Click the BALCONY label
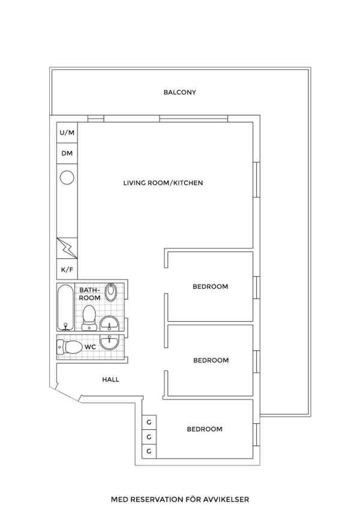pyautogui.click(x=179, y=92)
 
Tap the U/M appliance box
pyautogui.click(x=67, y=132)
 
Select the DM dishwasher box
pyautogui.click(x=67, y=153)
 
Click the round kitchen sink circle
pyautogui.click(x=67, y=178)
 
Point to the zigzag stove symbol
pyautogui.click(x=67, y=248)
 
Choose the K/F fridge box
pyautogui.click(x=67, y=270)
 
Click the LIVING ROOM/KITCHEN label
pyautogui.click(x=163, y=183)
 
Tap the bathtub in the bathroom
pyautogui.click(x=65, y=307)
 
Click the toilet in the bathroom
pyautogui.click(x=89, y=318)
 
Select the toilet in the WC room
pyautogui.click(x=70, y=347)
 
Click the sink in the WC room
pyautogui.click(x=109, y=342)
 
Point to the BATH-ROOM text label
pyautogui.click(x=90, y=294)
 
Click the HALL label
pyautogui.click(x=110, y=379)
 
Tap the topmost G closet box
pyautogui.click(x=149, y=422)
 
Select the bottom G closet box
pyautogui.click(x=149, y=452)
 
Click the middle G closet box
pyautogui.click(x=149, y=437)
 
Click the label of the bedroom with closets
pyautogui.click(x=205, y=429)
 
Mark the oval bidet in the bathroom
pyautogui.click(x=110, y=292)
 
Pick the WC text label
pyautogui.click(x=90, y=347)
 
